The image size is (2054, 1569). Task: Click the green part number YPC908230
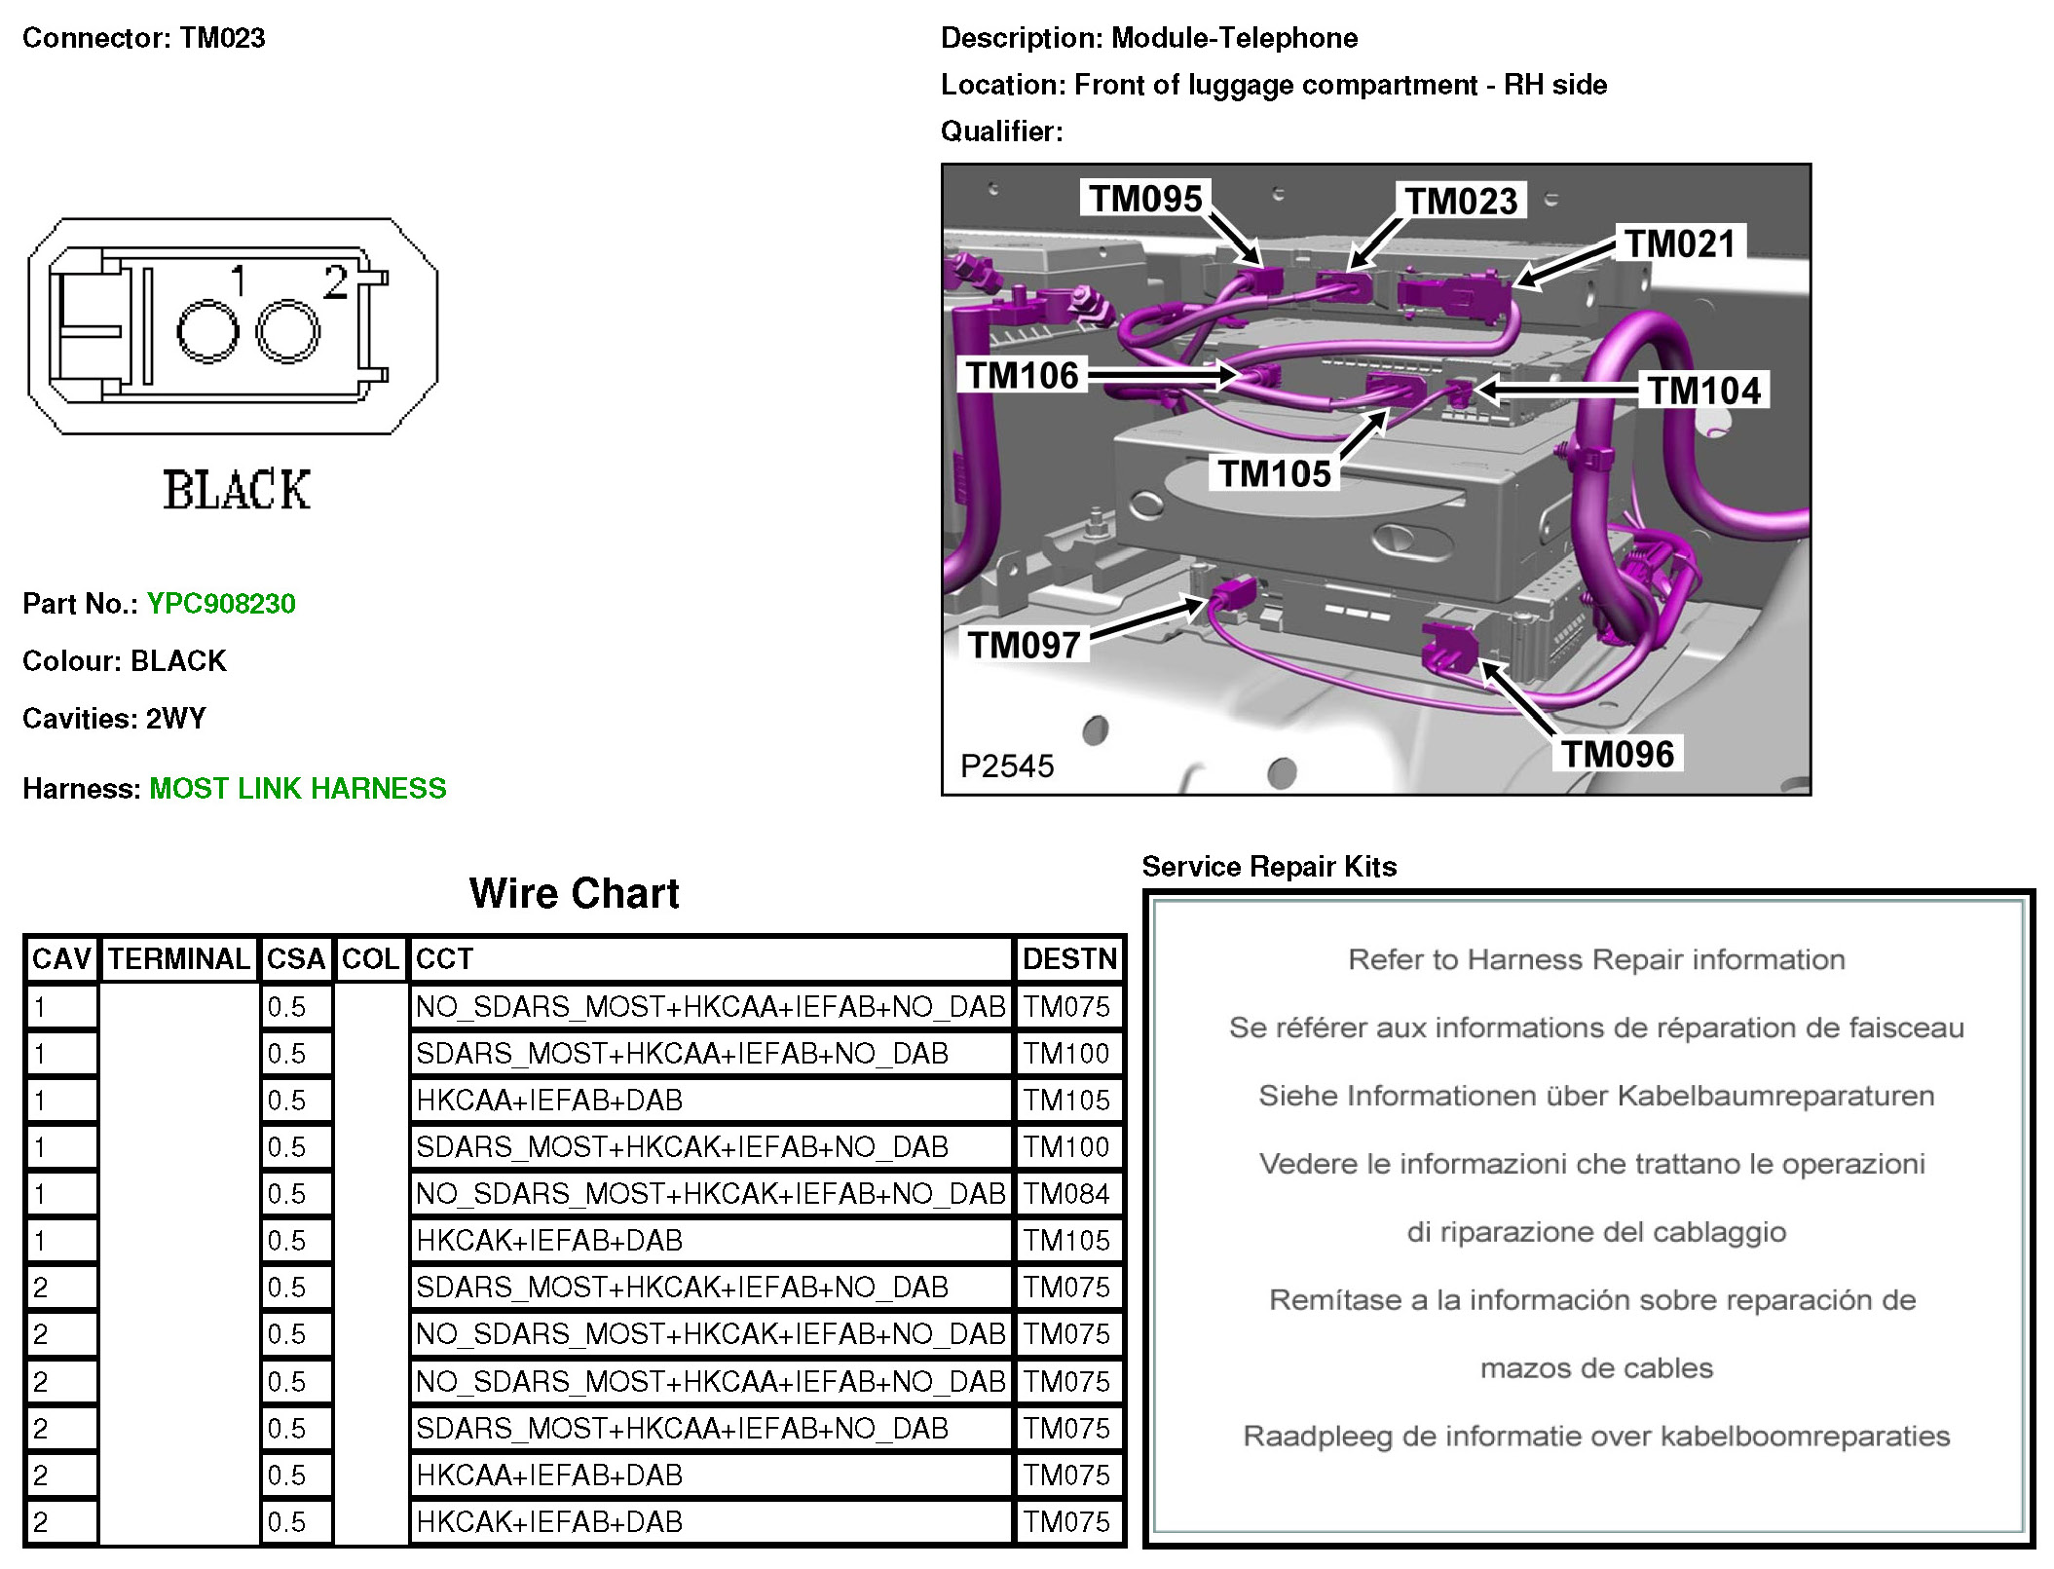[221, 604]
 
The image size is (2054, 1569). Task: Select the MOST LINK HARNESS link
[297, 788]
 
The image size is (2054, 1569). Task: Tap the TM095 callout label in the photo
[1145, 199]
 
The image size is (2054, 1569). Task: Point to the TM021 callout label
[1680, 243]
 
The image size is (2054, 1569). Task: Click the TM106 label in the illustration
[1022, 375]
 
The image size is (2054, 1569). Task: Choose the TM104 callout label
[1704, 391]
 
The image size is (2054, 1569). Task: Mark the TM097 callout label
[1024, 645]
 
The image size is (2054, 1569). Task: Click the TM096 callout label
[1618, 754]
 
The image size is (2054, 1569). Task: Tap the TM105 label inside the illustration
[1274, 474]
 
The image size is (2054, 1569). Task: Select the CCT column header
[444, 959]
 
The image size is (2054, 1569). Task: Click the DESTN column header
[1069, 959]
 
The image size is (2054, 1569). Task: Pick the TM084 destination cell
[1066, 1194]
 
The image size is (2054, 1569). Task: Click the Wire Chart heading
[574, 893]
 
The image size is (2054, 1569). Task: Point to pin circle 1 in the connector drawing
[207, 332]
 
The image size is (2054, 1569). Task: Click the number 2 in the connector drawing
[336, 282]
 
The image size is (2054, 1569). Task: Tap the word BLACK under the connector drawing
[237, 490]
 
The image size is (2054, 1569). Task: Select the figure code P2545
[1007, 766]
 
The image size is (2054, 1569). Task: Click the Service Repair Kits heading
[1269, 867]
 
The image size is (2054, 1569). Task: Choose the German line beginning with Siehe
[1596, 1096]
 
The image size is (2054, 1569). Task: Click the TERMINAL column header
[178, 959]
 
